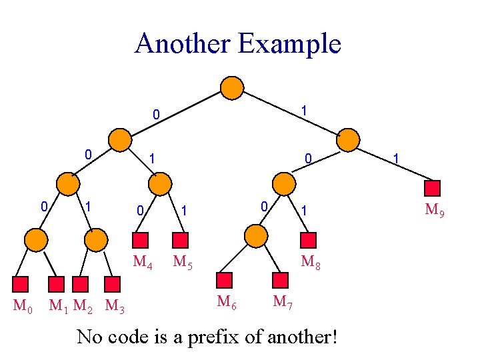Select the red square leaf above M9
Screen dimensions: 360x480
pyautogui.click(x=433, y=189)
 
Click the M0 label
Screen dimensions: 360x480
pyautogui.click(x=24, y=307)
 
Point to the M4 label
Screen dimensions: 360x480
pyautogui.click(x=143, y=262)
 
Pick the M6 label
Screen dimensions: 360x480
pyautogui.click(x=227, y=301)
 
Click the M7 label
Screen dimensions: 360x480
pyautogui.click(x=282, y=301)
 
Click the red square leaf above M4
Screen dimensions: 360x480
pyautogui.click(x=141, y=240)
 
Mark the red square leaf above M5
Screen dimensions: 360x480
pyautogui.click(x=180, y=240)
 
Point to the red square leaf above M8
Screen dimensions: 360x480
pyautogui.click(x=309, y=240)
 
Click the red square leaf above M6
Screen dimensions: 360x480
pyautogui.click(x=225, y=280)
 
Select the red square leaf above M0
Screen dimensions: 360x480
pyautogui.click(x=23, y=285)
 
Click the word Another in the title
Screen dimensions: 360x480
pyautogui.click(x=181, y=44)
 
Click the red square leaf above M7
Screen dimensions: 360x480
pyautogui.click(x=280, y=280)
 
